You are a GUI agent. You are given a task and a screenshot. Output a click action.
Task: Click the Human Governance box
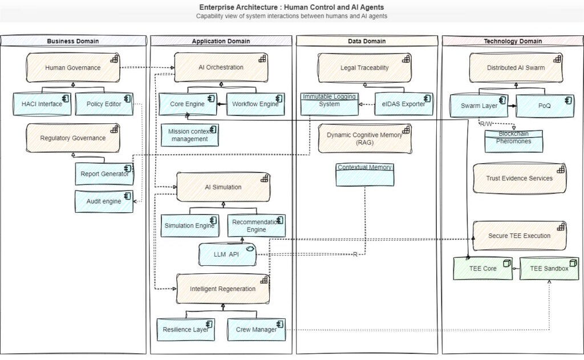(x=73, y=67)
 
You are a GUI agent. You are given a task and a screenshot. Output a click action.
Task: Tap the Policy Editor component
(x=104, y=104)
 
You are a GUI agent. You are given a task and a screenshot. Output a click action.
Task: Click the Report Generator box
(x=104, y=174)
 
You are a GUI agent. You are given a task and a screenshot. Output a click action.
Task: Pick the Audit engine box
(x=104, y=201)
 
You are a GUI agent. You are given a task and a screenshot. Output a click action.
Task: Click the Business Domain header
(x=73, y=41)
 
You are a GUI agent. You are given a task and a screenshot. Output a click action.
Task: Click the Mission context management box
(x=189, y=135)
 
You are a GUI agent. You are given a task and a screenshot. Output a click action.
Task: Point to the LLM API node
(x=226, y=254)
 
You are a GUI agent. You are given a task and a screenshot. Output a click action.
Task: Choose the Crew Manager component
(x=256, y=329)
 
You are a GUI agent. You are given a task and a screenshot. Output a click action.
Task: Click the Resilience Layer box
(x=185, y=329)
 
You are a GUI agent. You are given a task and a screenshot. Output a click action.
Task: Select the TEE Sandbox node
(x=549, y=268)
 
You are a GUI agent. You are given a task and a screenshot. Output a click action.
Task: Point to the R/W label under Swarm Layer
(x=486, y=124)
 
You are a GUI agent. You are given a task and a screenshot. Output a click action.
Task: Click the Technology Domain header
(x=513, y=41)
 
